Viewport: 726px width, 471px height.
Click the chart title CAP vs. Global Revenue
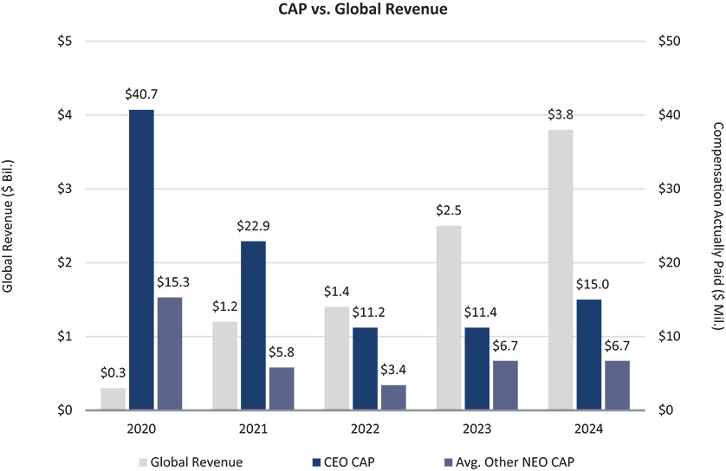pos(363,11)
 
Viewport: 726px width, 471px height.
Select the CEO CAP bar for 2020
pos(141,260)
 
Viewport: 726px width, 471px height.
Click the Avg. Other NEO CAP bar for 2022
pos(393,397)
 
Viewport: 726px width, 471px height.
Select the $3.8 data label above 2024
pos(561,116)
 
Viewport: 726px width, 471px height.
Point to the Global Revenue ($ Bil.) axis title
pos(10,225)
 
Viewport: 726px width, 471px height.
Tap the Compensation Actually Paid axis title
pos(716,225)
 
